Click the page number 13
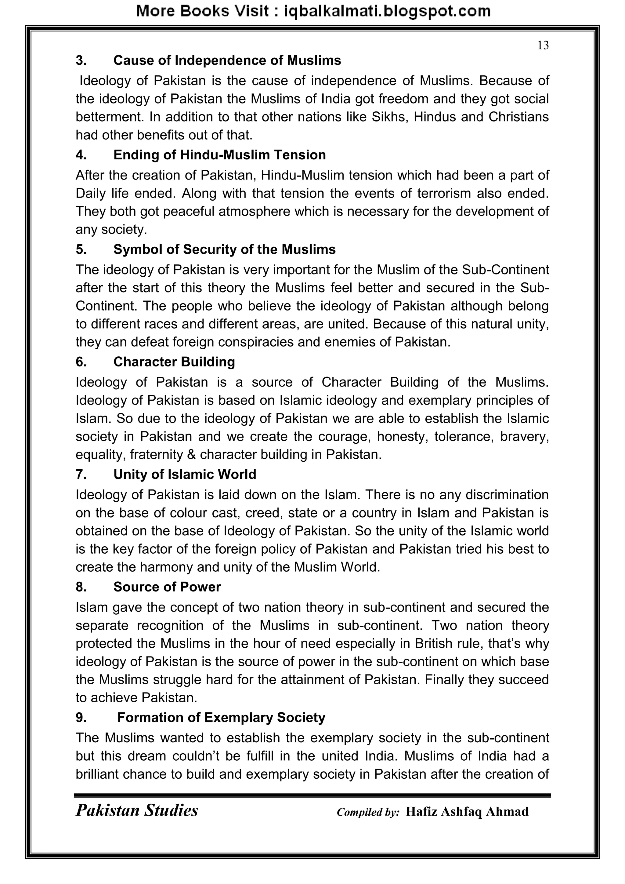point(543,45)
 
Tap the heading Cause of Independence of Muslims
point(227,60)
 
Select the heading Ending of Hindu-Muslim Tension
point(219,155)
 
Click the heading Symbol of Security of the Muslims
point(224,249)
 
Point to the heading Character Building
point(174,362)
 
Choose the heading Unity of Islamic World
point(185,474)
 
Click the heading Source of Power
point(167,587)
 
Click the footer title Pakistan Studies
point(137,810)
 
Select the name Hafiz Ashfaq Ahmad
point(467,812)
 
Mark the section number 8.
point(81,587)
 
